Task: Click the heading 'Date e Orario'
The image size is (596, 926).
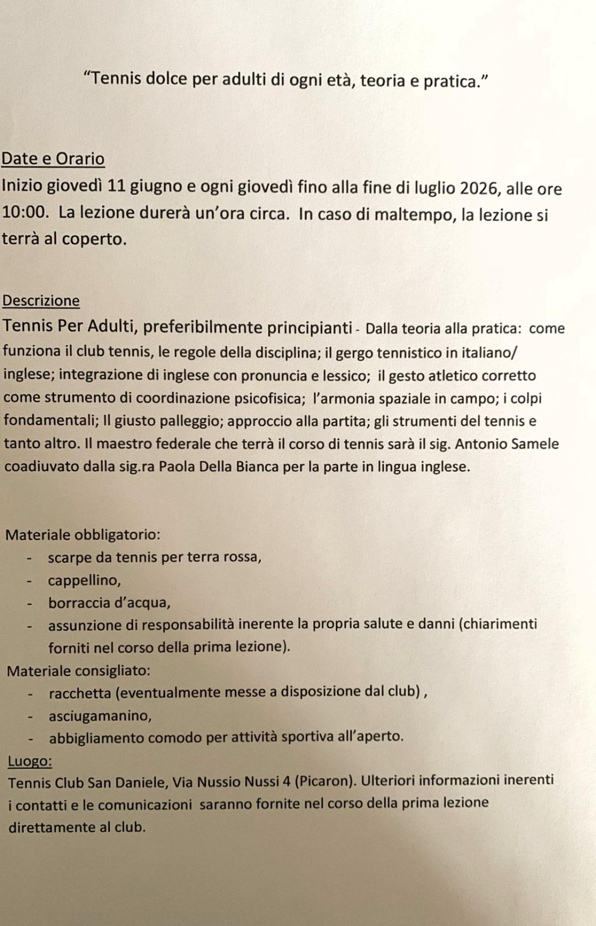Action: pos(53,159)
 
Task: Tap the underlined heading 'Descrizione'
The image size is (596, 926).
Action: pos(41,301)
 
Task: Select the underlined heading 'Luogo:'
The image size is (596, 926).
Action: pos(30,761)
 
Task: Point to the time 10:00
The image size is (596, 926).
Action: pos(25,213)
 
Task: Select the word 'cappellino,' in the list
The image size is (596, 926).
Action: pos(84,580)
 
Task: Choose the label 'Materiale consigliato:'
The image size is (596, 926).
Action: pos(78,671)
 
